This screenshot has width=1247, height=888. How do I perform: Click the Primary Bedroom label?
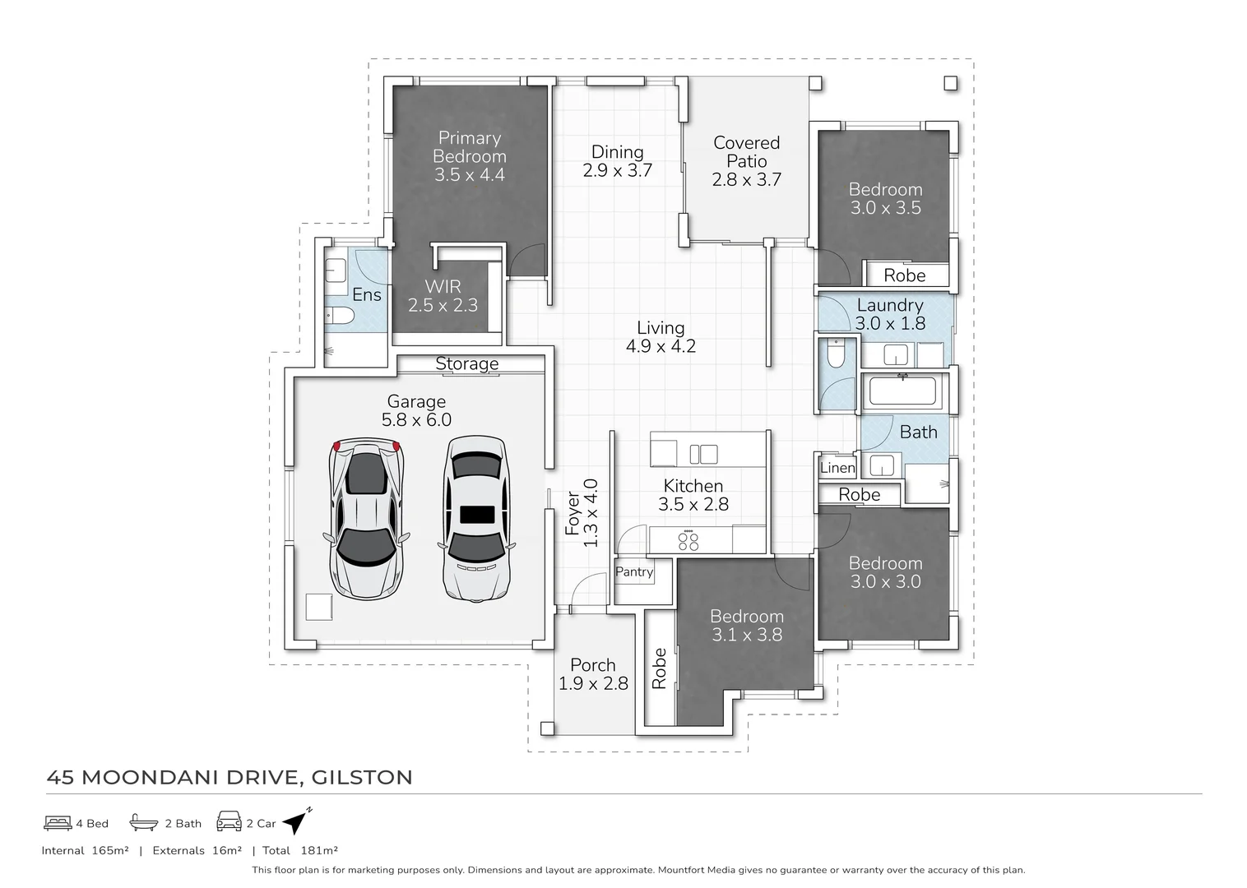point(470,147)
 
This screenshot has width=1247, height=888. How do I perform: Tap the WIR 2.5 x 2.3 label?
point(443,296)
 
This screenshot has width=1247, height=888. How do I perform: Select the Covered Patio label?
point(747,152)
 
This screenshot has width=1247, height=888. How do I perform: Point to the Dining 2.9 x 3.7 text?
point(618,161)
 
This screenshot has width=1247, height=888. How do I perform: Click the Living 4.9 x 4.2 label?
point(661,336)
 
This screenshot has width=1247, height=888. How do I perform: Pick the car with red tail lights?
point(366,518)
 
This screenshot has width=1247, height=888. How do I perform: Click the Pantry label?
point(634,572)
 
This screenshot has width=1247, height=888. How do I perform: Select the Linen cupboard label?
point(837,468)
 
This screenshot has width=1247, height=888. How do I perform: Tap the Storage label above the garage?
point(466,363)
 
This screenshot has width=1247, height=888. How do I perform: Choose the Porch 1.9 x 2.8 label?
point(593,673)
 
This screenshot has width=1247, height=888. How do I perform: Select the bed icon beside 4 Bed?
point(58,823)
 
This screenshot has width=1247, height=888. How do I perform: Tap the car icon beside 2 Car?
point(229,821)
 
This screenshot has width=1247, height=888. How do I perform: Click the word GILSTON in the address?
point(362,777)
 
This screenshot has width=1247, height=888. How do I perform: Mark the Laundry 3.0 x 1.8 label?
point(890,314)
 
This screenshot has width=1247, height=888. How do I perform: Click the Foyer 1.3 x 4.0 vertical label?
point(582,513)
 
